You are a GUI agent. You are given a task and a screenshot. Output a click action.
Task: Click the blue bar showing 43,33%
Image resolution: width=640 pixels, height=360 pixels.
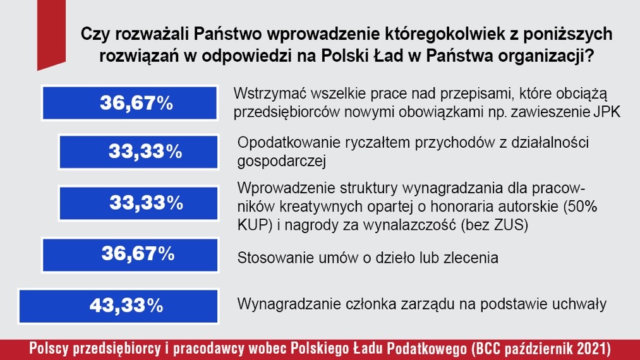tap(118, 306)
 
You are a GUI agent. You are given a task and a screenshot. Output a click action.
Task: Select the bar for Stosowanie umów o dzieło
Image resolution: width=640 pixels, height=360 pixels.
tap(130, 255)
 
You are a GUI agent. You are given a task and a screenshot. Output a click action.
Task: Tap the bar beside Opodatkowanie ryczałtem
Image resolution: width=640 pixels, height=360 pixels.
tap(139, 152)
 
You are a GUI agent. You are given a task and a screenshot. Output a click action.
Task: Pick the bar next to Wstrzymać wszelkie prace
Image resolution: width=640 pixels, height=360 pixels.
tap(130, 103)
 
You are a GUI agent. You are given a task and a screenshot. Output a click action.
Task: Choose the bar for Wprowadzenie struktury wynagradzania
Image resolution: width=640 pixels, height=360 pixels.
tap(139, 203)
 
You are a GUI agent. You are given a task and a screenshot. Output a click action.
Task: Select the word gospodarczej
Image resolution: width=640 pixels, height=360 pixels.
tap(282, 162)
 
